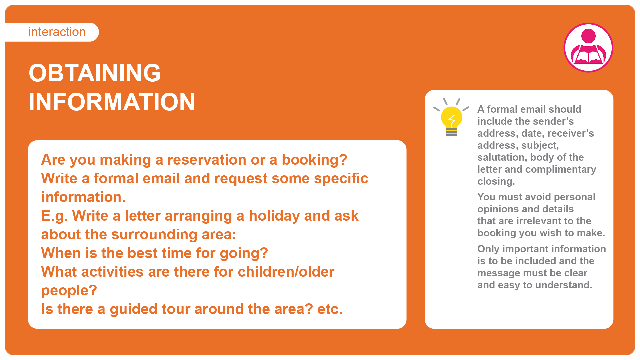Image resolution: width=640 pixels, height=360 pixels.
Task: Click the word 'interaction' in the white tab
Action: point(57,32)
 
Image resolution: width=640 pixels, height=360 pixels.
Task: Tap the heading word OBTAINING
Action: point(95,73)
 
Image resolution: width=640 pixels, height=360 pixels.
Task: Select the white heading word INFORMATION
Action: point(112,102)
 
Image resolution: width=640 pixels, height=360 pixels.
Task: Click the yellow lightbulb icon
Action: point(451,117)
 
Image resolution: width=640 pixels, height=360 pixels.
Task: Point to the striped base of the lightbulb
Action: point(452,132)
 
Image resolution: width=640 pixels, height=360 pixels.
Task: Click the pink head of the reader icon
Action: point(588,36)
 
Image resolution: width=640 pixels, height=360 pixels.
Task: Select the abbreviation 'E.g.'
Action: point(54,216)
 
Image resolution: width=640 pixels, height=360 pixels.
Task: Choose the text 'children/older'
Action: point(286,272)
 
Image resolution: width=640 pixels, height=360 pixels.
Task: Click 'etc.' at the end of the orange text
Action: point(330,309)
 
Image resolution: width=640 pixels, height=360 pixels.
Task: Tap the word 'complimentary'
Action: point(561,170)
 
